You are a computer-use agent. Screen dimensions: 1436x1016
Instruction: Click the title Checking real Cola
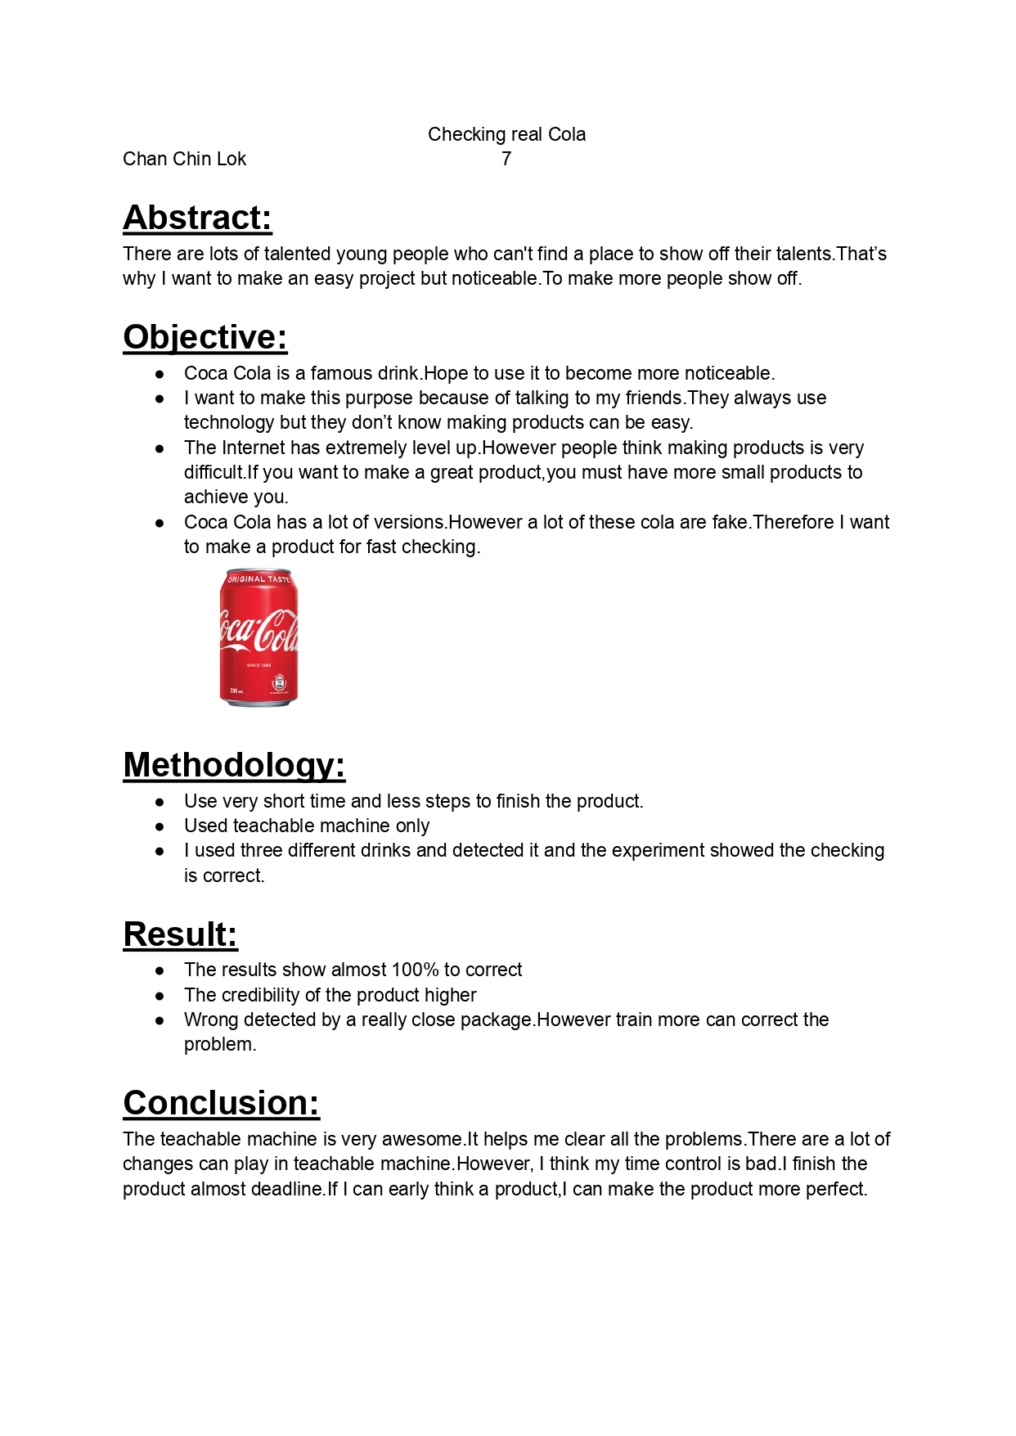coord(506,134)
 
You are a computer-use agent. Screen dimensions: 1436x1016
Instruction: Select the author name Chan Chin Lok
coord(184,159)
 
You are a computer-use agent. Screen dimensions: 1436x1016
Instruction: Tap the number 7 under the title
coord(506,159)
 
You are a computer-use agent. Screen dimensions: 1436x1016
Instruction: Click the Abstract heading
coord(197,218)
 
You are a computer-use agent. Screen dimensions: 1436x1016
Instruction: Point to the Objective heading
coord(205,337)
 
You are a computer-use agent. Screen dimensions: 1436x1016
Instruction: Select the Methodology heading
coord(234,765)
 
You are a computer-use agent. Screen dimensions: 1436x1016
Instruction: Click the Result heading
coord(180,934)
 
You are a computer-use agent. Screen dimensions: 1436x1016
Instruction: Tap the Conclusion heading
coord(221,1103)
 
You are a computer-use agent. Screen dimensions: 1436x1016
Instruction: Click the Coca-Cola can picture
coord(258,638)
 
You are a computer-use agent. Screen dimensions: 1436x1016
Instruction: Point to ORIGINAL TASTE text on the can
coord(258,579)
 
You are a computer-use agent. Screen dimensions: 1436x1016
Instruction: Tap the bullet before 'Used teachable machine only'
coord(160,826)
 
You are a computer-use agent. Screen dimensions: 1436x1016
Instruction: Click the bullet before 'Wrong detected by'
coord(160,1020)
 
